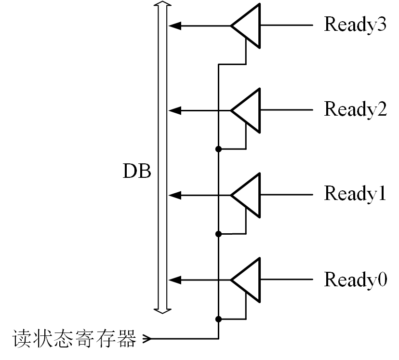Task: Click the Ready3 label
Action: click(x=355, y=25)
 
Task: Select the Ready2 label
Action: click(x=355, y=109)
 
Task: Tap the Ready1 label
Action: click(x=355, y=194)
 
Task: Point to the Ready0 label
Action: click(x=355, y=280)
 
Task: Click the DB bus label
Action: click(x=136, y=172)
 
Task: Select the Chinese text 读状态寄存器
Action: click(x=74, y=338)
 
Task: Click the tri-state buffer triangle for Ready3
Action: click(x=248, y=26)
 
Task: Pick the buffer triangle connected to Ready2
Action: click(x=248, y=110)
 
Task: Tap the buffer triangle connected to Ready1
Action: click(x=248, y=195)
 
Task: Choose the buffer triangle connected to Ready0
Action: click(x=248, y=280)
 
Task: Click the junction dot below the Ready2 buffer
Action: click(x=218, y=149)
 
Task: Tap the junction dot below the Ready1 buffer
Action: click(x=218, y=234)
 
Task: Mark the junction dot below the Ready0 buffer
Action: click(x=218, y=319)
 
